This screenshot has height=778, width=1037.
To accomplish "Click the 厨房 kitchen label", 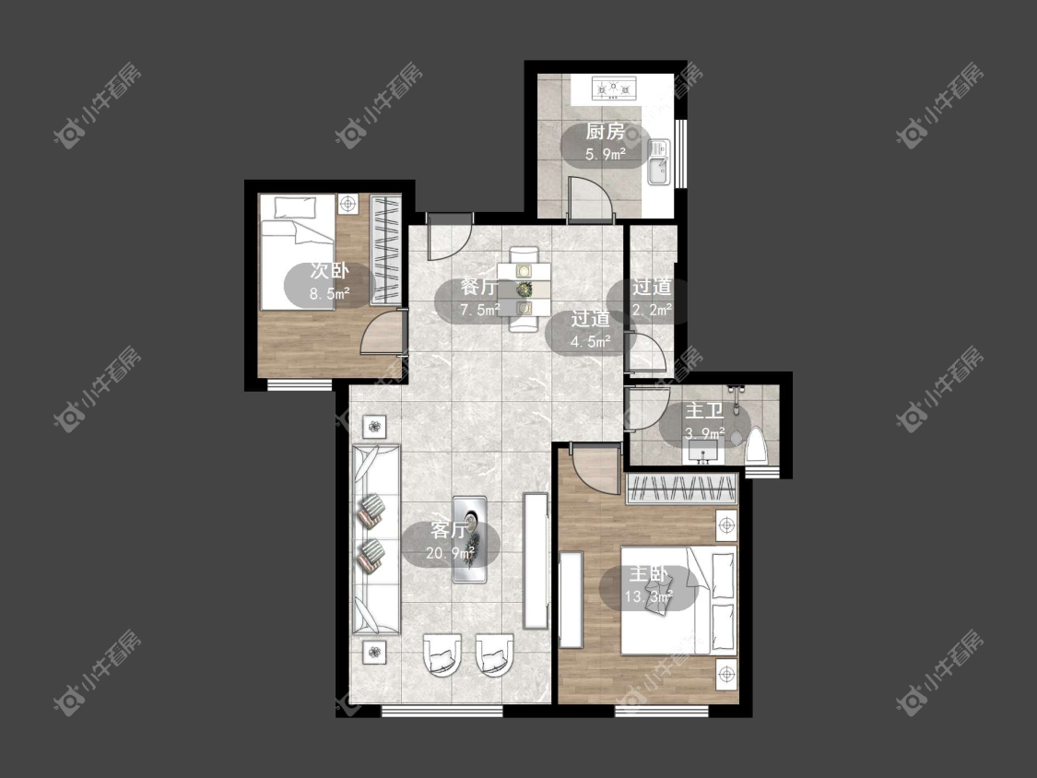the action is tap(605, 132).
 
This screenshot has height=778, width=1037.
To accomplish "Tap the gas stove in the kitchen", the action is tap(614, 88).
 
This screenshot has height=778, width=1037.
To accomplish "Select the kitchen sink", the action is tap(659, 163).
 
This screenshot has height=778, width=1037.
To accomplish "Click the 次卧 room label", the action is tap(330, 271).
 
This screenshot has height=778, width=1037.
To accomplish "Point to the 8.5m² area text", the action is tap(330, 294).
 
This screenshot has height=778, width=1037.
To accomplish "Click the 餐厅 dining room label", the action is tap(479, 287).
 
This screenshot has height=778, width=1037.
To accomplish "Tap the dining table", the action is tap(524, 289).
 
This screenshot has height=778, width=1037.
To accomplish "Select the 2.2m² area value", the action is tap(652, 309).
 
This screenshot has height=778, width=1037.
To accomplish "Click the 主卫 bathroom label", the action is tap(703, 411).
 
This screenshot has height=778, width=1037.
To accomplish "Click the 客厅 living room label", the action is tap(449, 529).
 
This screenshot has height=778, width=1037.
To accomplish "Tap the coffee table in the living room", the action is tap(469, 539).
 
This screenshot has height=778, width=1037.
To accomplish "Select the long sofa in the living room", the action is tap(376, 540).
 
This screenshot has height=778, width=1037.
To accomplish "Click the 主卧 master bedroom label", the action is tap(648, 573).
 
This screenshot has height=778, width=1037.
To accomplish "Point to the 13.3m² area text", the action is tap(648, 596).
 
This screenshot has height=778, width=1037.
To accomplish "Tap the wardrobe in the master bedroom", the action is tap(682, 489).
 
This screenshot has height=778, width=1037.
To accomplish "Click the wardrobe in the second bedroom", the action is tap(385, 250).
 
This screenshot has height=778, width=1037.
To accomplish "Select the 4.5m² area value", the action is tap(591, 342).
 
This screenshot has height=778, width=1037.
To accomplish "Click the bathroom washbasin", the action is tap(702, 453).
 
